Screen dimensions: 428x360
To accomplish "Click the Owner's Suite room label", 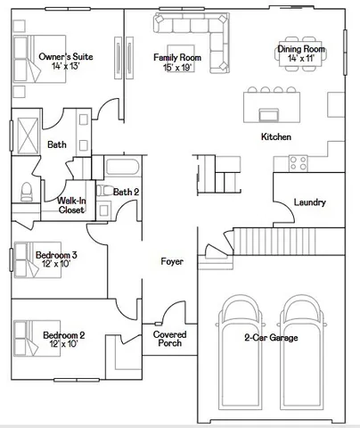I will click(66, 62).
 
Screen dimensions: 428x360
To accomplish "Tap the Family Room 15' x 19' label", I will click(178, 62).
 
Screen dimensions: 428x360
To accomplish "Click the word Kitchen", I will click(275, 136).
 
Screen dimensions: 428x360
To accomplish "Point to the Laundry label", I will click(309, 202).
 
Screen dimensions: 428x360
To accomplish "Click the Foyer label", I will click(172, 261).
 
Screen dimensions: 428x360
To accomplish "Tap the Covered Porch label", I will click(169, 339).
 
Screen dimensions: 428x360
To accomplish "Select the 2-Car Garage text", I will click(271, 338).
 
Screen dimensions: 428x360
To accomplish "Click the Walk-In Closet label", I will click(72, 206).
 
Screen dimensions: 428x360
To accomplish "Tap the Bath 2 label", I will click(126, 191).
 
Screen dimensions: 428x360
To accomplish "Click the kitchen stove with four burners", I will click(299, 162).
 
